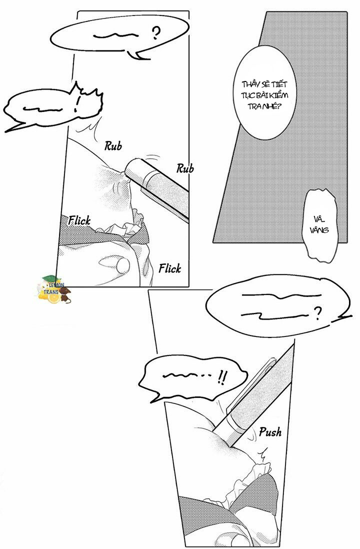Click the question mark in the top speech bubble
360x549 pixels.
coord(156,34)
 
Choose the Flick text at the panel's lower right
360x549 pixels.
coord(169,268)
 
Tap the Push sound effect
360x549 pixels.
coord(270,431)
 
